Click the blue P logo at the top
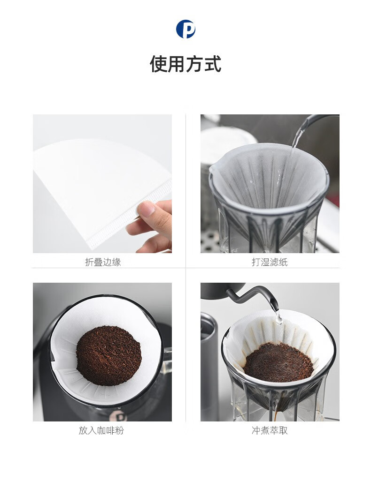pyautogui.click(x=185, y=29)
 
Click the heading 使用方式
pyautogui.click(x=185, y=64)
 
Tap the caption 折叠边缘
pyautogui.click(x=103, y=262)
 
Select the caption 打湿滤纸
pyautogui.click(x=270, y=262)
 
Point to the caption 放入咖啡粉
pyautogui.click(x=101, y=430)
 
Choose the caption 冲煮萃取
pyautogui.click(x=270, y=430)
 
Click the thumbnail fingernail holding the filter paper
pyautogui.click(x=147, y=209)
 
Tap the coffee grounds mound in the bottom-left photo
pyautogui.click(x=109, y=356)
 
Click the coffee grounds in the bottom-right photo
pyautogui.click(x=278, y=362)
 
